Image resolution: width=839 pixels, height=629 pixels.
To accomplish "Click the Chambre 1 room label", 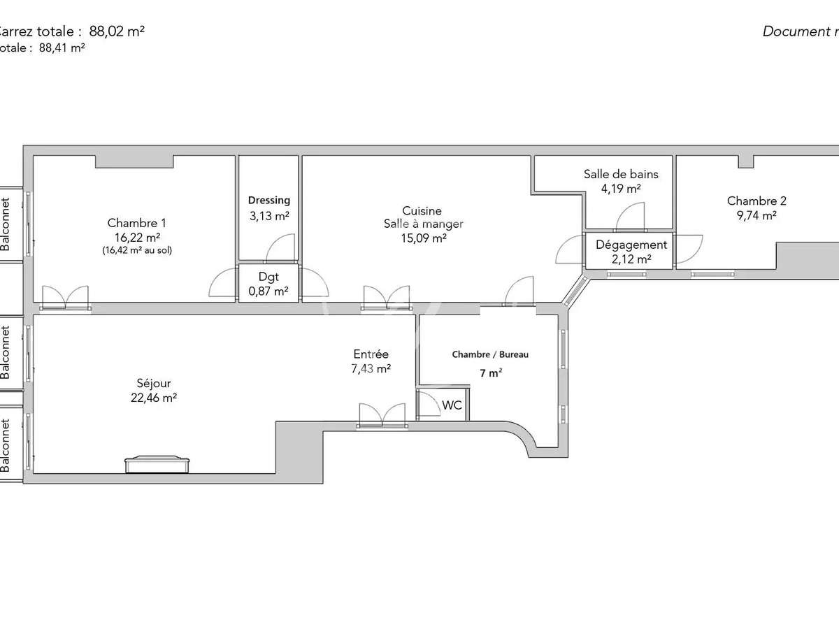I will pyautogui.click(x=136, y=223).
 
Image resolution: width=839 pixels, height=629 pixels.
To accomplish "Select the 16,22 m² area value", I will pyautogui.click(x=136, y=237).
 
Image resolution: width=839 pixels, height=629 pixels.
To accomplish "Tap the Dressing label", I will pyautogui.click(x=269, y=201).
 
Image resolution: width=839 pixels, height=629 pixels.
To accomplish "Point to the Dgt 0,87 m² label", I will pyautogui.click(x=269, y=284).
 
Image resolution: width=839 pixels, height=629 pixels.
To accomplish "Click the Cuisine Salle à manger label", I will pyautogui.click(x=422, y=217).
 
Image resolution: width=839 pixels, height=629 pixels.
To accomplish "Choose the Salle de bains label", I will pyautogui.click(x=621, y=175).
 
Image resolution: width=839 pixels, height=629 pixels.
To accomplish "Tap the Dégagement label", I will pyautogui.click(x=631, y=245).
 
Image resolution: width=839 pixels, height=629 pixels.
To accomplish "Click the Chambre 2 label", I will pyautogui.click(x=756, y=201).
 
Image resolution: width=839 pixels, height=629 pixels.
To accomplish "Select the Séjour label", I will pyautogui.click(x=154, y=383).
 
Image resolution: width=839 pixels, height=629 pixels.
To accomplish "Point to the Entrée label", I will pyautogui.click(x=371, y=354).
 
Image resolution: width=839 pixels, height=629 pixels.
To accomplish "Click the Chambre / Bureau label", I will pyautogui.click(x=490, y=354).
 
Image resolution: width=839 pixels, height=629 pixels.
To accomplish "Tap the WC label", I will pyautogui.click(x=452, y=405).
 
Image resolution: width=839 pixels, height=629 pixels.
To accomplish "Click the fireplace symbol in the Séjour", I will pyautogui.click(x=157, y=464).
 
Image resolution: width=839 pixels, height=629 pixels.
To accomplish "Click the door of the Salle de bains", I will pyautogui.click(x=631, y=215).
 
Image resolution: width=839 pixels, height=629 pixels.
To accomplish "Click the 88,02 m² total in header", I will pyautogui.click(x=117, y=31).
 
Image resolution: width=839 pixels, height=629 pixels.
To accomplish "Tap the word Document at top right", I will pyautogui.click(x=793, y=31).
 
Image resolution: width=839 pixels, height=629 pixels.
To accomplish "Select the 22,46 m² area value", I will pyautogui.click(x=154, y=398).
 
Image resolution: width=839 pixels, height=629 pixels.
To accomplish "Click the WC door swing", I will pyautogui.click(x=427, y=405).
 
